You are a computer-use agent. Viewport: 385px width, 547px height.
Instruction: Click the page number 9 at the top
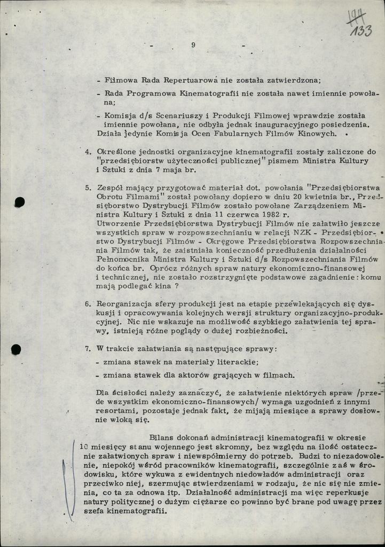coord(193,45)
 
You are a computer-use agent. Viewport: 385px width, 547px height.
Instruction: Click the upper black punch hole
coord(19,202)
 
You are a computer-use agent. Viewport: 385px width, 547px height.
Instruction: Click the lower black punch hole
coord(16,349)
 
